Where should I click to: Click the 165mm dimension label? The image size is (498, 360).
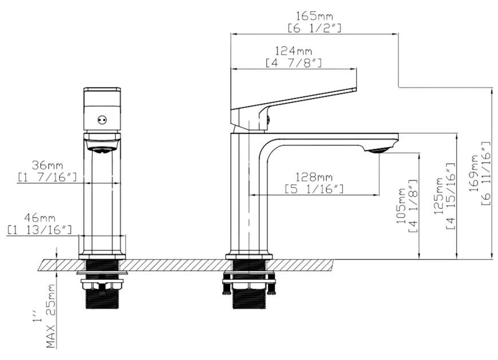(x=314, y=15)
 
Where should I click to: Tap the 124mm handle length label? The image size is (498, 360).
(x=294, y=50)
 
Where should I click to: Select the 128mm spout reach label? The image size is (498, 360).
(x=314, y=176)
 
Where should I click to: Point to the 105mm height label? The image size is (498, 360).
(x=401, y=205)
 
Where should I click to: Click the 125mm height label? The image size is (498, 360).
(x=438, y=196)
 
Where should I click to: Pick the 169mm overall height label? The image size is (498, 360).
(x=474, y=173)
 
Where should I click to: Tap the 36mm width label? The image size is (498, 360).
(x=47, y=165)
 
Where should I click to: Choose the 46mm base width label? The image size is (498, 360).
(x=40, y=218)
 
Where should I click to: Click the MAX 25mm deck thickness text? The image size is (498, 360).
(x=51, y=316)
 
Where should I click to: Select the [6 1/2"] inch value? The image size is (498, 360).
(x=314, y=28)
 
